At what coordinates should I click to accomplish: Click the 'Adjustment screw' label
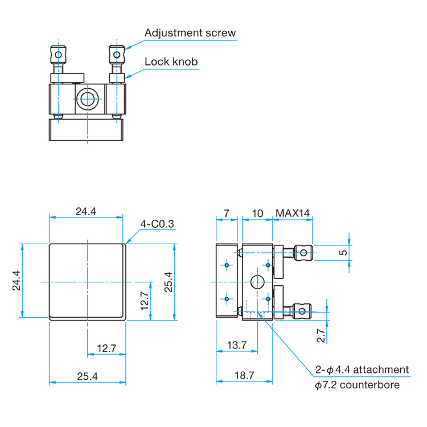point(190,32)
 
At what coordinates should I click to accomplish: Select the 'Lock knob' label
point(171,61)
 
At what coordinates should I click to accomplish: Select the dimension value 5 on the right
point(342,252)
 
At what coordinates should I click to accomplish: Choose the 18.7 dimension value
point(244,376)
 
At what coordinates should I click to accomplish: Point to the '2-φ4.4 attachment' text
point(362,369)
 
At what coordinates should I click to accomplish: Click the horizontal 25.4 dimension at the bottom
point(86,376)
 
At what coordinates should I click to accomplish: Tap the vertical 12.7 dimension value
point(144,300)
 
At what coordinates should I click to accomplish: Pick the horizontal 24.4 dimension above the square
point(86,211)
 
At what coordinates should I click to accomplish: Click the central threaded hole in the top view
point(88,98)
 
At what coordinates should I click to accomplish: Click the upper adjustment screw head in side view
point(303,252)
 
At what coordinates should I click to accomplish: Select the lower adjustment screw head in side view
point(303,311)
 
